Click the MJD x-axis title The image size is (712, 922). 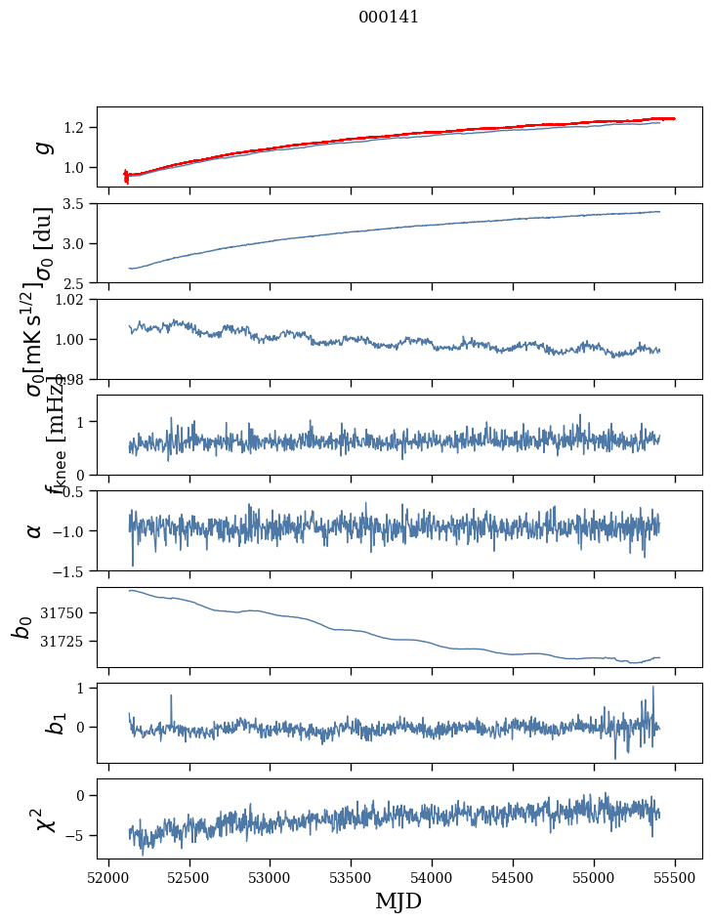[x=398, y=901]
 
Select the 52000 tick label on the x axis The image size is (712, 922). [x=108, y=877]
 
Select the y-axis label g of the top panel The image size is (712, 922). [x=41, y=147]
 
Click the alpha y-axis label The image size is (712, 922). [x=35, y=530]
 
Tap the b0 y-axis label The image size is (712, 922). [x=21, y=626]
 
